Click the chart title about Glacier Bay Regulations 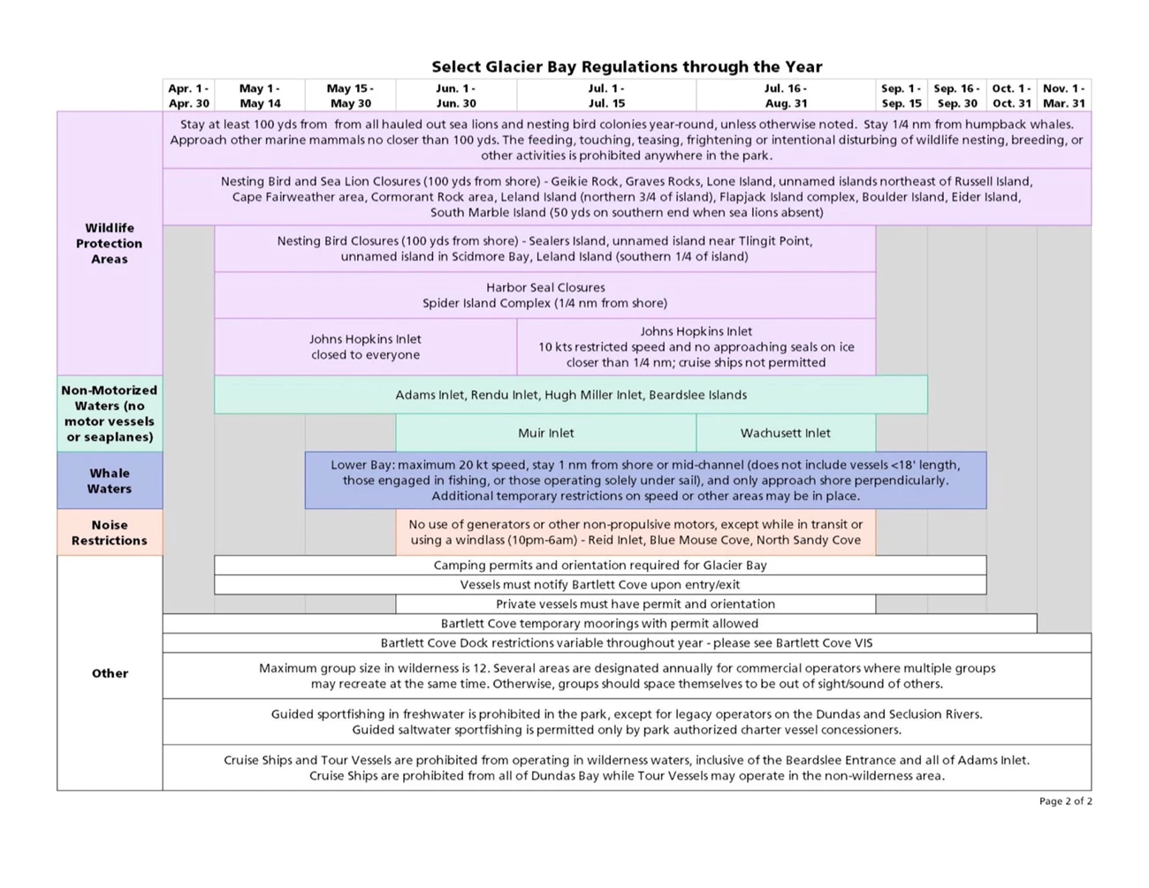point(627,66)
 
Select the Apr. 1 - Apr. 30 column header point(188,95)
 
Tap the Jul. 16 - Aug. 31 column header point(785,95)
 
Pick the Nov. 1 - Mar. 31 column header point(1063,95)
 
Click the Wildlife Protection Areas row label point(110,243)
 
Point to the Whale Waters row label point(110,481)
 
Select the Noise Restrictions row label point(110,532)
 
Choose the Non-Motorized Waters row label point(110,414)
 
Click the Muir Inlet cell point(545,433)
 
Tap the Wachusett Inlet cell point(785,433)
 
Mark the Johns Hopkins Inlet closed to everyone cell point(365,346)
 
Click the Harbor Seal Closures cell point(544,295)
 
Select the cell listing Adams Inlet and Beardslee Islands point(571,395)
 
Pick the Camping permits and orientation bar point(600,565)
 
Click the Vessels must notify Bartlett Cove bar point(600,584)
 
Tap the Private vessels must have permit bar point(635,603)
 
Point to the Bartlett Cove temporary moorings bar point(599,623)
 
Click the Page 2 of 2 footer point(1065,801)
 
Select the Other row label point(110,673)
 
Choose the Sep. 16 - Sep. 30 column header point(956,95)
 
